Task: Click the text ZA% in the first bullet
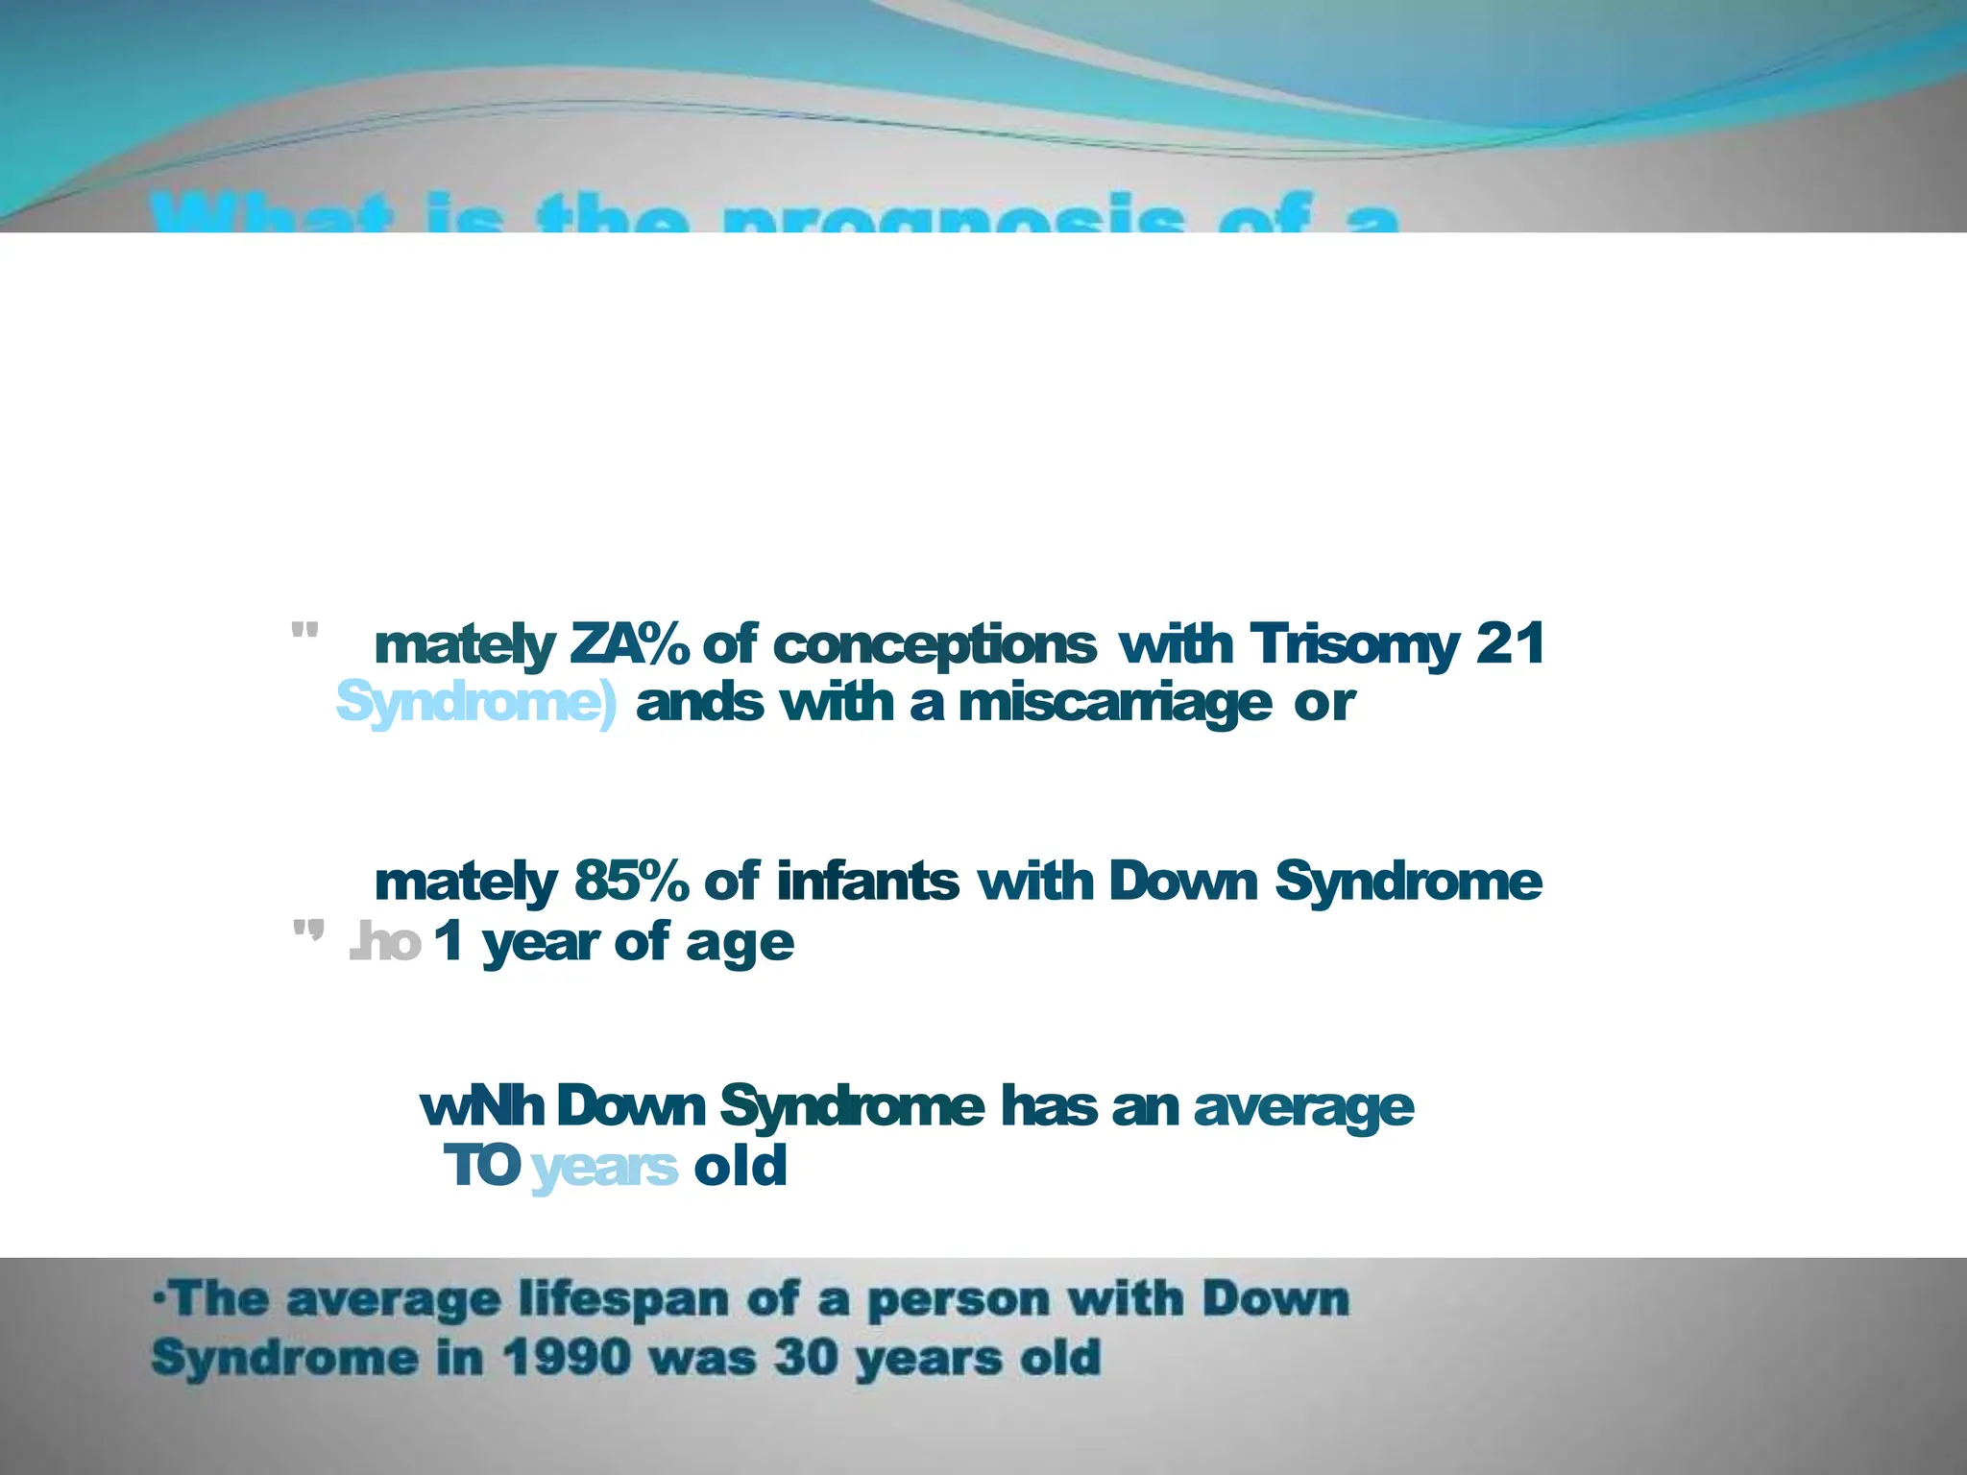629,644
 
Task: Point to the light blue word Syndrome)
476,705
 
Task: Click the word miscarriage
1114,705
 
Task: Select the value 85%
631,881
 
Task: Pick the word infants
866,881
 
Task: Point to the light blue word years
604,1168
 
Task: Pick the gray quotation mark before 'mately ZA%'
304,633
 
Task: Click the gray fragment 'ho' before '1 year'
387,943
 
